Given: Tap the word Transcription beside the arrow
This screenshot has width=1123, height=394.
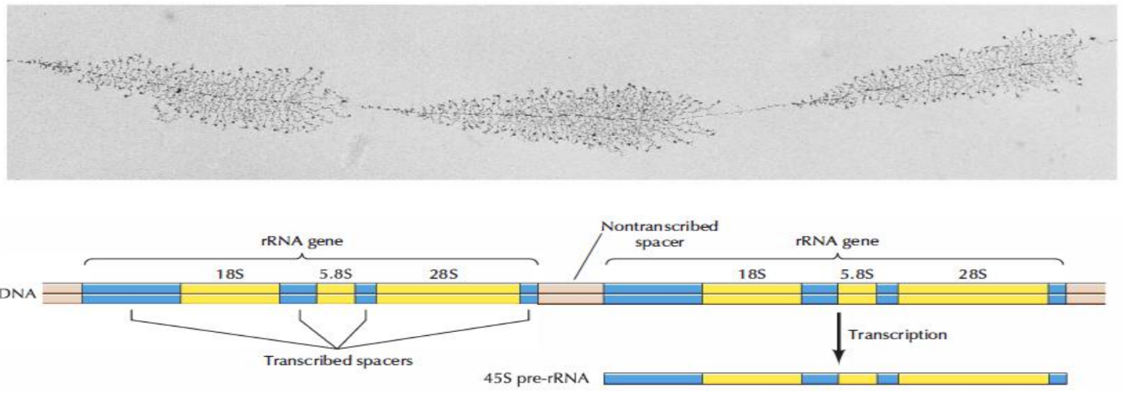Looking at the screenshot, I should click(x=897, y=335).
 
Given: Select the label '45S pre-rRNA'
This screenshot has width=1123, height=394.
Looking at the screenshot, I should click(x=536, y=379).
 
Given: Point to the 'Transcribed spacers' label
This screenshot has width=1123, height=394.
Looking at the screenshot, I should click(x=338, y=360).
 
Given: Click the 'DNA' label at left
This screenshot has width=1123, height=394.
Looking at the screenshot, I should click(x=19, y=295).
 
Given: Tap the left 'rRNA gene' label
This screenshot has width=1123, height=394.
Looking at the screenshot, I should click(x=303, y=241).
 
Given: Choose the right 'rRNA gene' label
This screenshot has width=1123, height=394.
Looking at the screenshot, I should click(x=837, y=241).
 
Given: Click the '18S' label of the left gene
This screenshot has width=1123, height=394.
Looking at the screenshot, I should click(x=229, y=274).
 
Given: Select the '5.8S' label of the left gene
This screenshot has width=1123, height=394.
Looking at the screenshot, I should click(x=336, y=274).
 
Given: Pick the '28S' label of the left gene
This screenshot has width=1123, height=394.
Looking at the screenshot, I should click(x=443, y=274).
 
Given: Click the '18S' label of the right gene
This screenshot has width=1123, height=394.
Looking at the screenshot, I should click(x=751, y=274).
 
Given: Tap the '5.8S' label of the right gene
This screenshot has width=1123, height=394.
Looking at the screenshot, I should click(x=856, y=274).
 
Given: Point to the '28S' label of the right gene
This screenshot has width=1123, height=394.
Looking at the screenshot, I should click(x=972, y=274).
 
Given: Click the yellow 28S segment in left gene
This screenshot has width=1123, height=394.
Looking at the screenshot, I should click(x=448, y=294).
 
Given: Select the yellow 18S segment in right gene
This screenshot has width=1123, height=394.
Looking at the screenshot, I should click(x=751, y=294).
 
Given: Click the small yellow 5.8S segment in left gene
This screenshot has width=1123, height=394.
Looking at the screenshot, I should click(x=336, y=294).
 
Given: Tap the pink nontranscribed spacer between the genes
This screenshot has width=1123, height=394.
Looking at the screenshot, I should click(x=570, y=294).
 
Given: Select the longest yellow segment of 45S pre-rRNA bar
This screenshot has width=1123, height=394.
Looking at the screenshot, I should click(x=972, y=379).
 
